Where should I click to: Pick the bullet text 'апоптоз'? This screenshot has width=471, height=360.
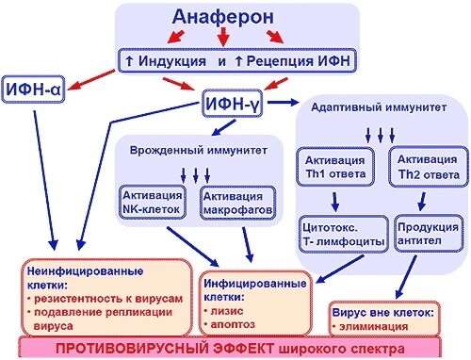coord(237,320)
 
